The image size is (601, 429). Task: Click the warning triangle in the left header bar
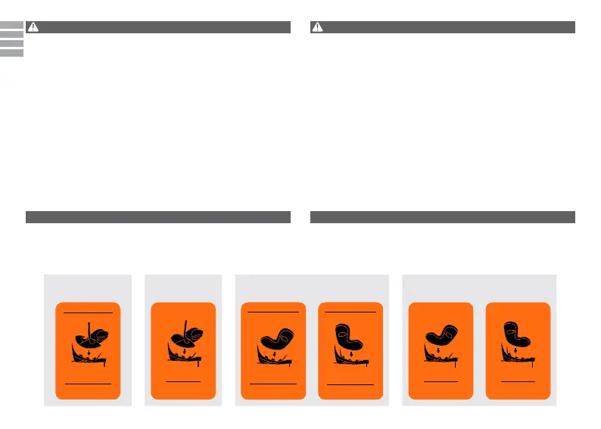pos(33,27)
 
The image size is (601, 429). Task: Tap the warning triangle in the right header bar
pos(317,27)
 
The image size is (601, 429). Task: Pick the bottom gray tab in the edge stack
pos(11,53)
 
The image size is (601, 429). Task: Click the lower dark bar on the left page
pos(158,217)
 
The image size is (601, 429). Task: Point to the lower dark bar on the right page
pos(444,217)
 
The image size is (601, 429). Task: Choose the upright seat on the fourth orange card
pos(350,337)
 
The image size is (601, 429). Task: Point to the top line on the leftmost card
pos(87,312)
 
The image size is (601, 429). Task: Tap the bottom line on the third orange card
pos(273,384)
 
